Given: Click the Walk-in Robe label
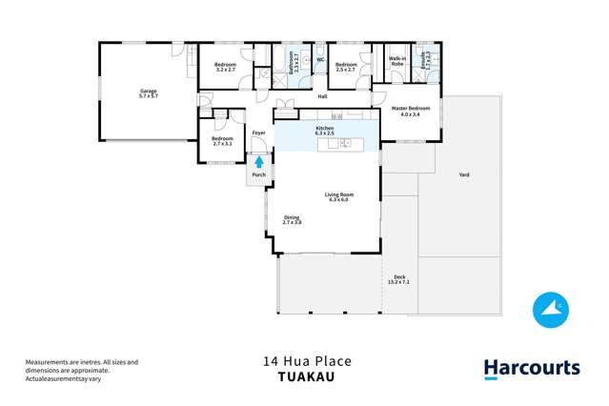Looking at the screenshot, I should (x=397, y=62).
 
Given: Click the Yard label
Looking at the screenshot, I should (x=464, y=174).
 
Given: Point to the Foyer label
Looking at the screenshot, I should (x=257, y=132).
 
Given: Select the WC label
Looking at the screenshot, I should (x=320, y=60).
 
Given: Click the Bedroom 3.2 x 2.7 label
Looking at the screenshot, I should (x=225, y=67).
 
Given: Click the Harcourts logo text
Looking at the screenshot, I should (x=531, y=368).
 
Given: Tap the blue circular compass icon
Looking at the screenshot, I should (x=550, y=308).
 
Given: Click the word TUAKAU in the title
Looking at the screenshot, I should (x=307, y=376).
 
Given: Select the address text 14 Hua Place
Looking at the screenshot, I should (x=307, y=361).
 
